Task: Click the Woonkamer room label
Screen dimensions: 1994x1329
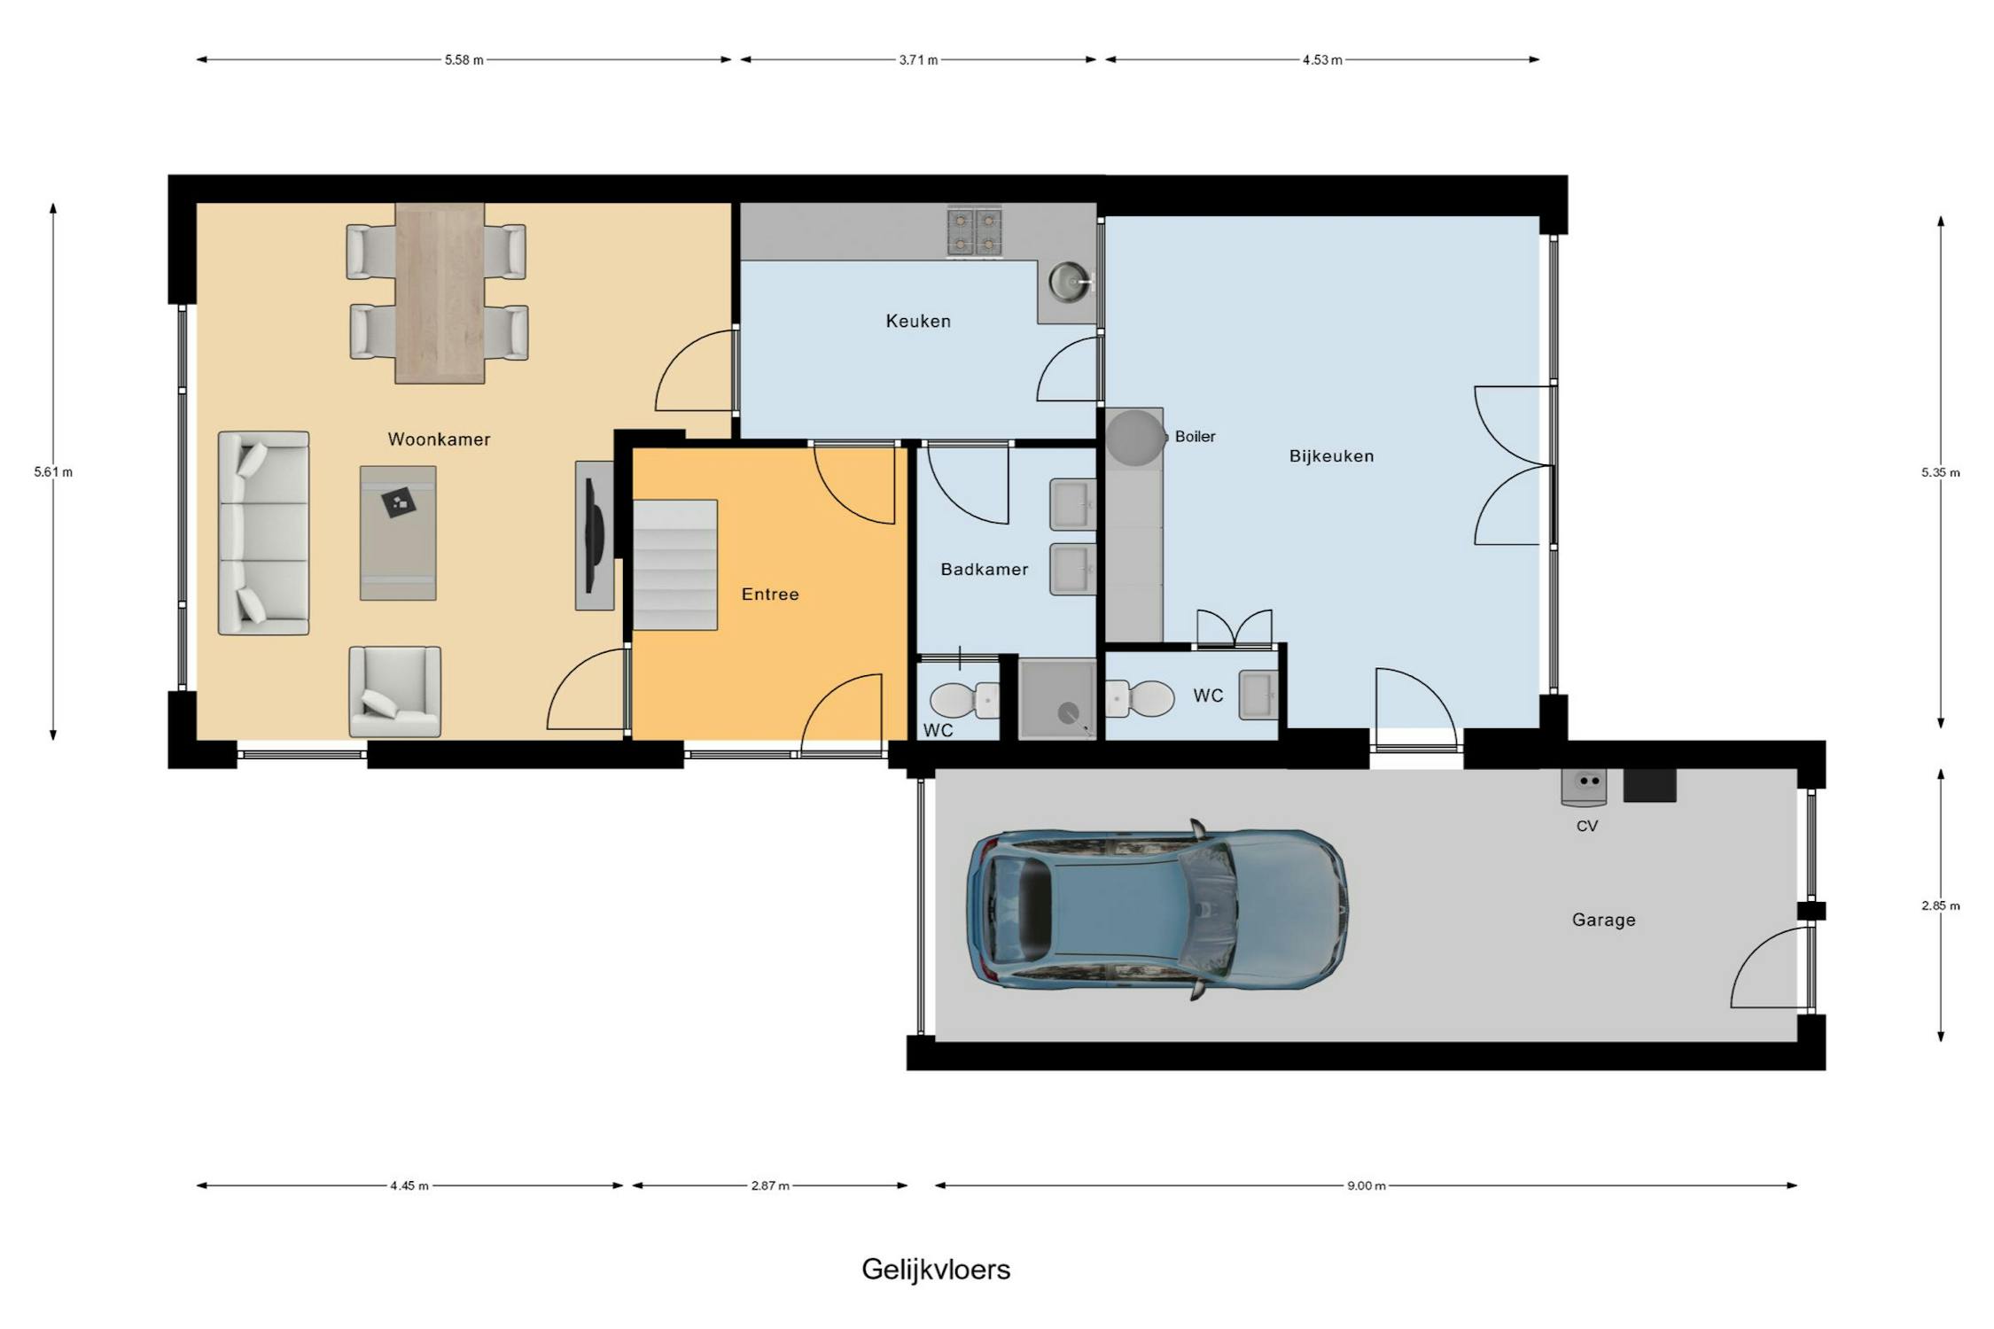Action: click(x=439, y=439)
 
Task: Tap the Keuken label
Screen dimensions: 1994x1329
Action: click(x=918, y=321)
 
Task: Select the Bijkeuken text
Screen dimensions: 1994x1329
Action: click(x=1331, y=456)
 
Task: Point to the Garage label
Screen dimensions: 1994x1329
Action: click(x=1603, y=920)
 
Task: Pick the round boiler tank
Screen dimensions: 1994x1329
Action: click(x=1135, y=438)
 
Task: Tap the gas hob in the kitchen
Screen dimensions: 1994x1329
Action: click(x=974, y=232)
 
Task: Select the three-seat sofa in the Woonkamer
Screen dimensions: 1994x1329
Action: click(x=263, y=533)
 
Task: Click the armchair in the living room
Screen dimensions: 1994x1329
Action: click(x=394, y=691)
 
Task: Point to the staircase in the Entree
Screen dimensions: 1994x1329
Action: click(x=674, y=565)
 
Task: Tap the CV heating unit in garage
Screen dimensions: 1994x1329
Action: click(x=1584, y=787)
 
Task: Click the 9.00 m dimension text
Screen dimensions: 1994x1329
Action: click(x=1366, y=1185)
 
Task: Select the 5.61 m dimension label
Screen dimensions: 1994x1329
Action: click(x=53, y=472)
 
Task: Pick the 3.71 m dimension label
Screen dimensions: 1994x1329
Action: click(x=918, y=60)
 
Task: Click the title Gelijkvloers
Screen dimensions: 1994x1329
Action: click(x=936, y=1270)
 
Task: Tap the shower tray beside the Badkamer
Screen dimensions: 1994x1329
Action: click(x=1057, y=698)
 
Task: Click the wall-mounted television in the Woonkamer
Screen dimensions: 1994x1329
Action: click(x=594, y=535)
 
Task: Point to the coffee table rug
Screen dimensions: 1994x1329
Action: click(x=398, y=533)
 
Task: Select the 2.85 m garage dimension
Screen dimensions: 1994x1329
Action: click(x=1941, y=905)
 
